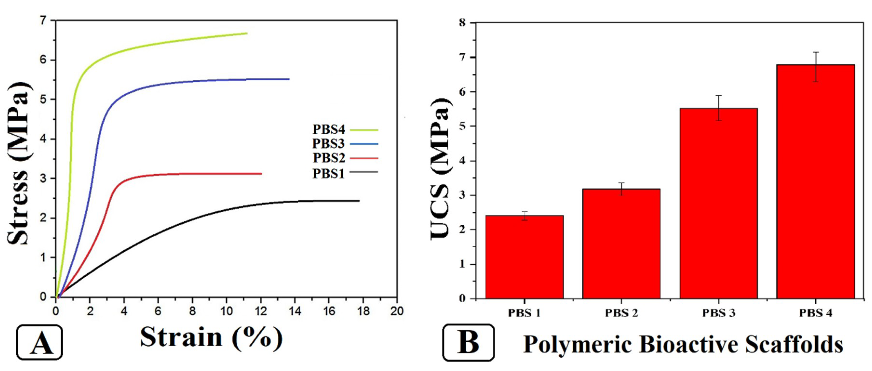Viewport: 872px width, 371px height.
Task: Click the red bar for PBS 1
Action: (524, 257)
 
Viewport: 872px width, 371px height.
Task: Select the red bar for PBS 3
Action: (718, 203)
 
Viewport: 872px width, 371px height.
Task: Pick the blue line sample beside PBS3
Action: (364, 144)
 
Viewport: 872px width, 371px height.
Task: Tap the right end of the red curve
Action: (261, 174)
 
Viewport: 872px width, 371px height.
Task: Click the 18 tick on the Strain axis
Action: (363, 311)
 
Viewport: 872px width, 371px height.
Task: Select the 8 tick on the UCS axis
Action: (463, 23)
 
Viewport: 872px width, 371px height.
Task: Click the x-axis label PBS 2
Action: (622, 313)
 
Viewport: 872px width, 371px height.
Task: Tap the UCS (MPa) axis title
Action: (440, 169)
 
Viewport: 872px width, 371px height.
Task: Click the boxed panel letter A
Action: (40, 342)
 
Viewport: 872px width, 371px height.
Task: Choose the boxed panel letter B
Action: (468, 342)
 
